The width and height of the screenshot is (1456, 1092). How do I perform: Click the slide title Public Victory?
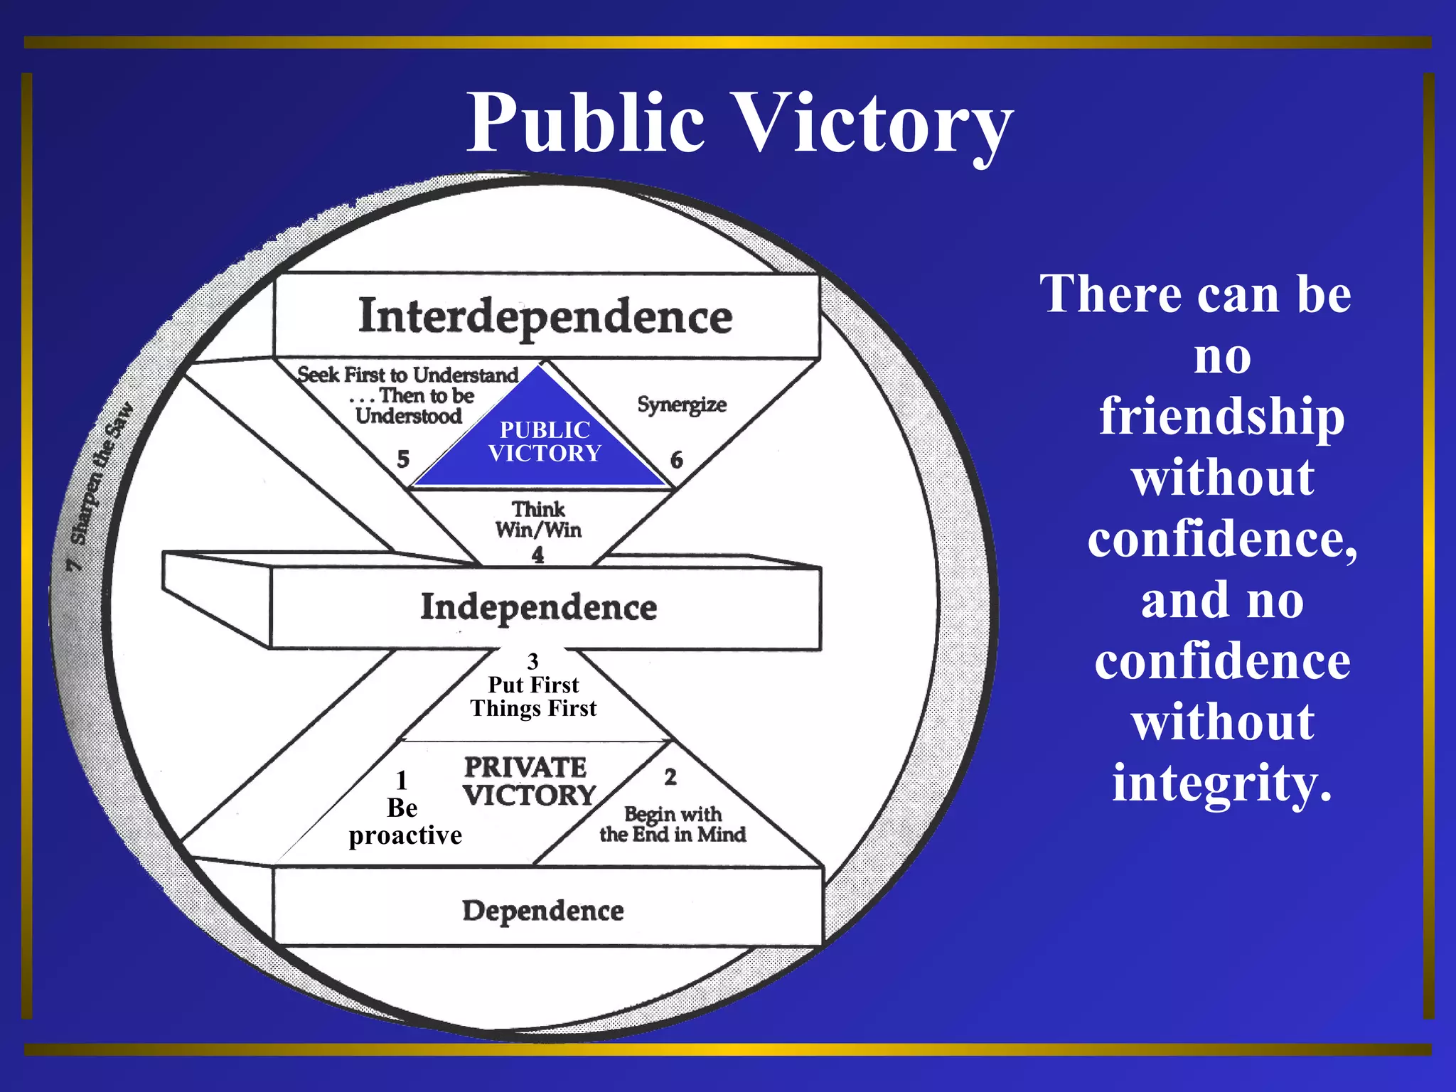click(x=739, y=123)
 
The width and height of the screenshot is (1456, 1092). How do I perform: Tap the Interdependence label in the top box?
click(x=545, y=316)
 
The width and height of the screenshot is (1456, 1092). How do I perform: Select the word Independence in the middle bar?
click(x=538, y=607)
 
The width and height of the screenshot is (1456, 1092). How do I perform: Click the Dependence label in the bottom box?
click(x=543, y=911)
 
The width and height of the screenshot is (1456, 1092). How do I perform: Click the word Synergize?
click(x=681, y=405)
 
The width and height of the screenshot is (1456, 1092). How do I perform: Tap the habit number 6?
click(x=676, y=460)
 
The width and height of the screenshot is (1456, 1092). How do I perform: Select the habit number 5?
click(x=403, y=459)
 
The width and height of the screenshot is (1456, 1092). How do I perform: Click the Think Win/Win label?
click(x=538, y=520)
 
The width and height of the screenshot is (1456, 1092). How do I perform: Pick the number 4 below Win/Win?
click(x=537, y=555)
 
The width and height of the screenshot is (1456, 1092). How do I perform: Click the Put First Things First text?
click(x=533, y=697)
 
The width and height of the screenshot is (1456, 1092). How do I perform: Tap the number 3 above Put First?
click(x=532, y=662)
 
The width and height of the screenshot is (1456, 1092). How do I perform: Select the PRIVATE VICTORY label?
click(x=528, y=781)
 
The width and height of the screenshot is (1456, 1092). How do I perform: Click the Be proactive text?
click(x=405, y=822)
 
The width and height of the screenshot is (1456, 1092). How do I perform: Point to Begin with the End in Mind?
click(x=673, y=824)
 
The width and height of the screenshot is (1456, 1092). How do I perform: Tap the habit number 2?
click(x=670, y=777)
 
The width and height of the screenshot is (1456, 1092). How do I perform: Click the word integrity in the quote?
click(x=1222, y=783)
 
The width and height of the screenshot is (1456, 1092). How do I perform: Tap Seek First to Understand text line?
click(x=407, y=375)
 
